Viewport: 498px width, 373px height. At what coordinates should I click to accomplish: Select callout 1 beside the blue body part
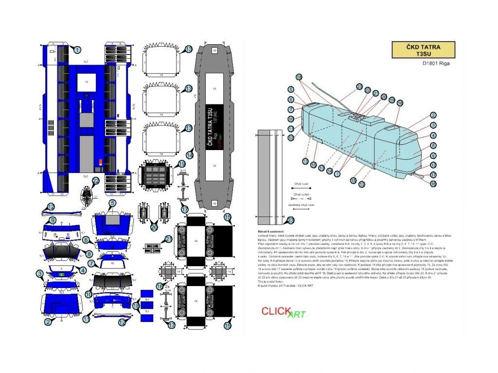(77, 49)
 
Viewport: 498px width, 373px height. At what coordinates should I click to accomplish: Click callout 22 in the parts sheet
(96, 181)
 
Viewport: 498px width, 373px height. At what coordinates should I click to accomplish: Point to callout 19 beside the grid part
(182, 164)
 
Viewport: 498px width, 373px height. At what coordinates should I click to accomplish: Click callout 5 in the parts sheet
(112, 203)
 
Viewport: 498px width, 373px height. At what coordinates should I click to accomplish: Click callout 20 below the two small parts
(154, 227)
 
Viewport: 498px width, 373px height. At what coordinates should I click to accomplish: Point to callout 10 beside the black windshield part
(89, 294)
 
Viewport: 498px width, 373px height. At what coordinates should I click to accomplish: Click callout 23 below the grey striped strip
(291, 220)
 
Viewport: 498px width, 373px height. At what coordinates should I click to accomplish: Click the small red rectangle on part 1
(101, 162)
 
